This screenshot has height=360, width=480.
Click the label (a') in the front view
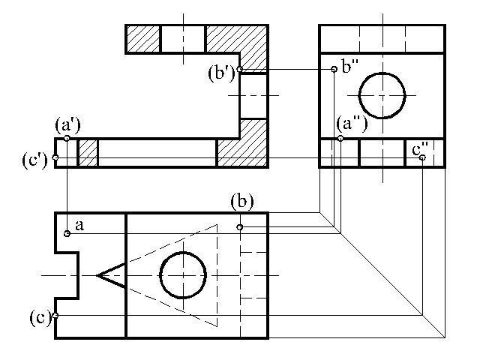point(67,125)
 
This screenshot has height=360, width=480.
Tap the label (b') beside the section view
point(221,73)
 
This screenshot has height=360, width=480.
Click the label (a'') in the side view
point(352,124)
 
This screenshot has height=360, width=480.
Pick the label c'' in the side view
point(420,149)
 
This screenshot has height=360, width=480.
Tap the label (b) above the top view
point(242,202)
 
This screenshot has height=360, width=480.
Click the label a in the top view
point(79,226)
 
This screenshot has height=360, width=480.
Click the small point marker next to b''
point(334,70)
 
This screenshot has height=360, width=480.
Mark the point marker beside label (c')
point(55,157)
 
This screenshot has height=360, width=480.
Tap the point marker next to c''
point(422,157)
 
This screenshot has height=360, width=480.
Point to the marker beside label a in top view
point(67,233)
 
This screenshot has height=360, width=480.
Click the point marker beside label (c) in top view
point(55,315)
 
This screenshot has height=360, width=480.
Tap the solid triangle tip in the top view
point(97,275)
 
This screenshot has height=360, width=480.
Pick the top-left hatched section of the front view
point(143,39)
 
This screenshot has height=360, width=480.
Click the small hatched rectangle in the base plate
point(88,153)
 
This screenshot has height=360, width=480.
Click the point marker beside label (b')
point(240,69)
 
